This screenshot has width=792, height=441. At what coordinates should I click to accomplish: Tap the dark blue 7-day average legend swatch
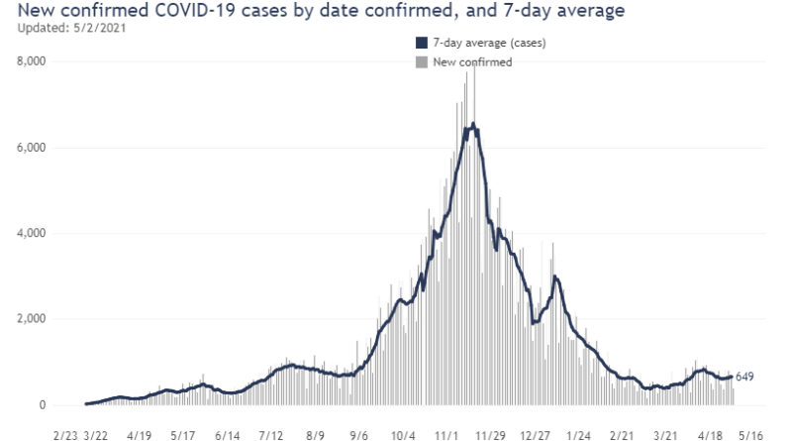pos(421,44)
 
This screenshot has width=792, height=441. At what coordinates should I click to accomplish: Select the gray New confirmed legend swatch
pos(421,61)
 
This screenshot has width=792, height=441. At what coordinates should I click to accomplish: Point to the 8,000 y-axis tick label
pos(31,61)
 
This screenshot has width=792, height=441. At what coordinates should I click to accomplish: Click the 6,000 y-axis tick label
pos(31,148)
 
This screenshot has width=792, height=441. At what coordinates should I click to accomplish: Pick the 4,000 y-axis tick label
pos(31,234)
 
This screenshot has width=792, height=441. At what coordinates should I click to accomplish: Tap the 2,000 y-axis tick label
pos(31,319)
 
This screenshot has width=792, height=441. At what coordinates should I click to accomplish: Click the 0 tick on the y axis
pos(42,405)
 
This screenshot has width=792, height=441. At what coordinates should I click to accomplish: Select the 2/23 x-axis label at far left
pos(66,434)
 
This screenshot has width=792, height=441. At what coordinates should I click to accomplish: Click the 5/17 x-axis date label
pos(183,434)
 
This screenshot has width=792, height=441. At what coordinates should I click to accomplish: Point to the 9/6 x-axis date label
pos(359,434)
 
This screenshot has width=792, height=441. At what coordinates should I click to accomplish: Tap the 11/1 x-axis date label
pos(447,434)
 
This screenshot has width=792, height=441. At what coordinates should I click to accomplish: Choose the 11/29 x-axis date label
pos(491,434)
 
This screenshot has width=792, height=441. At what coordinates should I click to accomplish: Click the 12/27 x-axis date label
pos(536,434)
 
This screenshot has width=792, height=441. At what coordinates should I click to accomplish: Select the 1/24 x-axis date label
pos(579,434)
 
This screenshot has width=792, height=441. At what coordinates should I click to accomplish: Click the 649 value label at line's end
pos(745,377)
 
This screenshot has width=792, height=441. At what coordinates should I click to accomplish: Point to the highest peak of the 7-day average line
pos(473,123)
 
